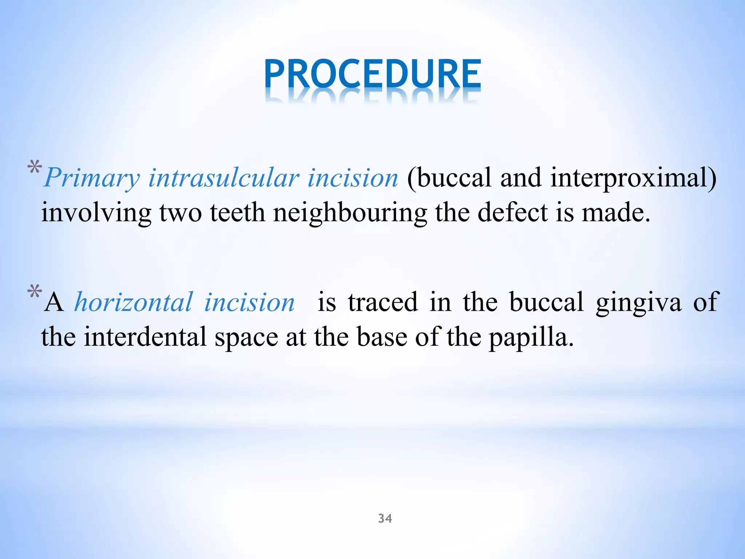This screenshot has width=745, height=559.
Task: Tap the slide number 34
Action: tap(385, 518)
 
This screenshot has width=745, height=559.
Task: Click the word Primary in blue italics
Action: tap(92, 178)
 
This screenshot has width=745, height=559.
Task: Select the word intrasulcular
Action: tap(224, 178)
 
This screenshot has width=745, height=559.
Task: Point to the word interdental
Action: tap(146, 337)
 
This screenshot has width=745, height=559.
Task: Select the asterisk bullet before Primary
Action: tap(35, 168)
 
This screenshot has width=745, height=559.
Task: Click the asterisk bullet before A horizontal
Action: tap(35, 292)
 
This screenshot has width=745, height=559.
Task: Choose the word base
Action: tap(382, 337)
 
